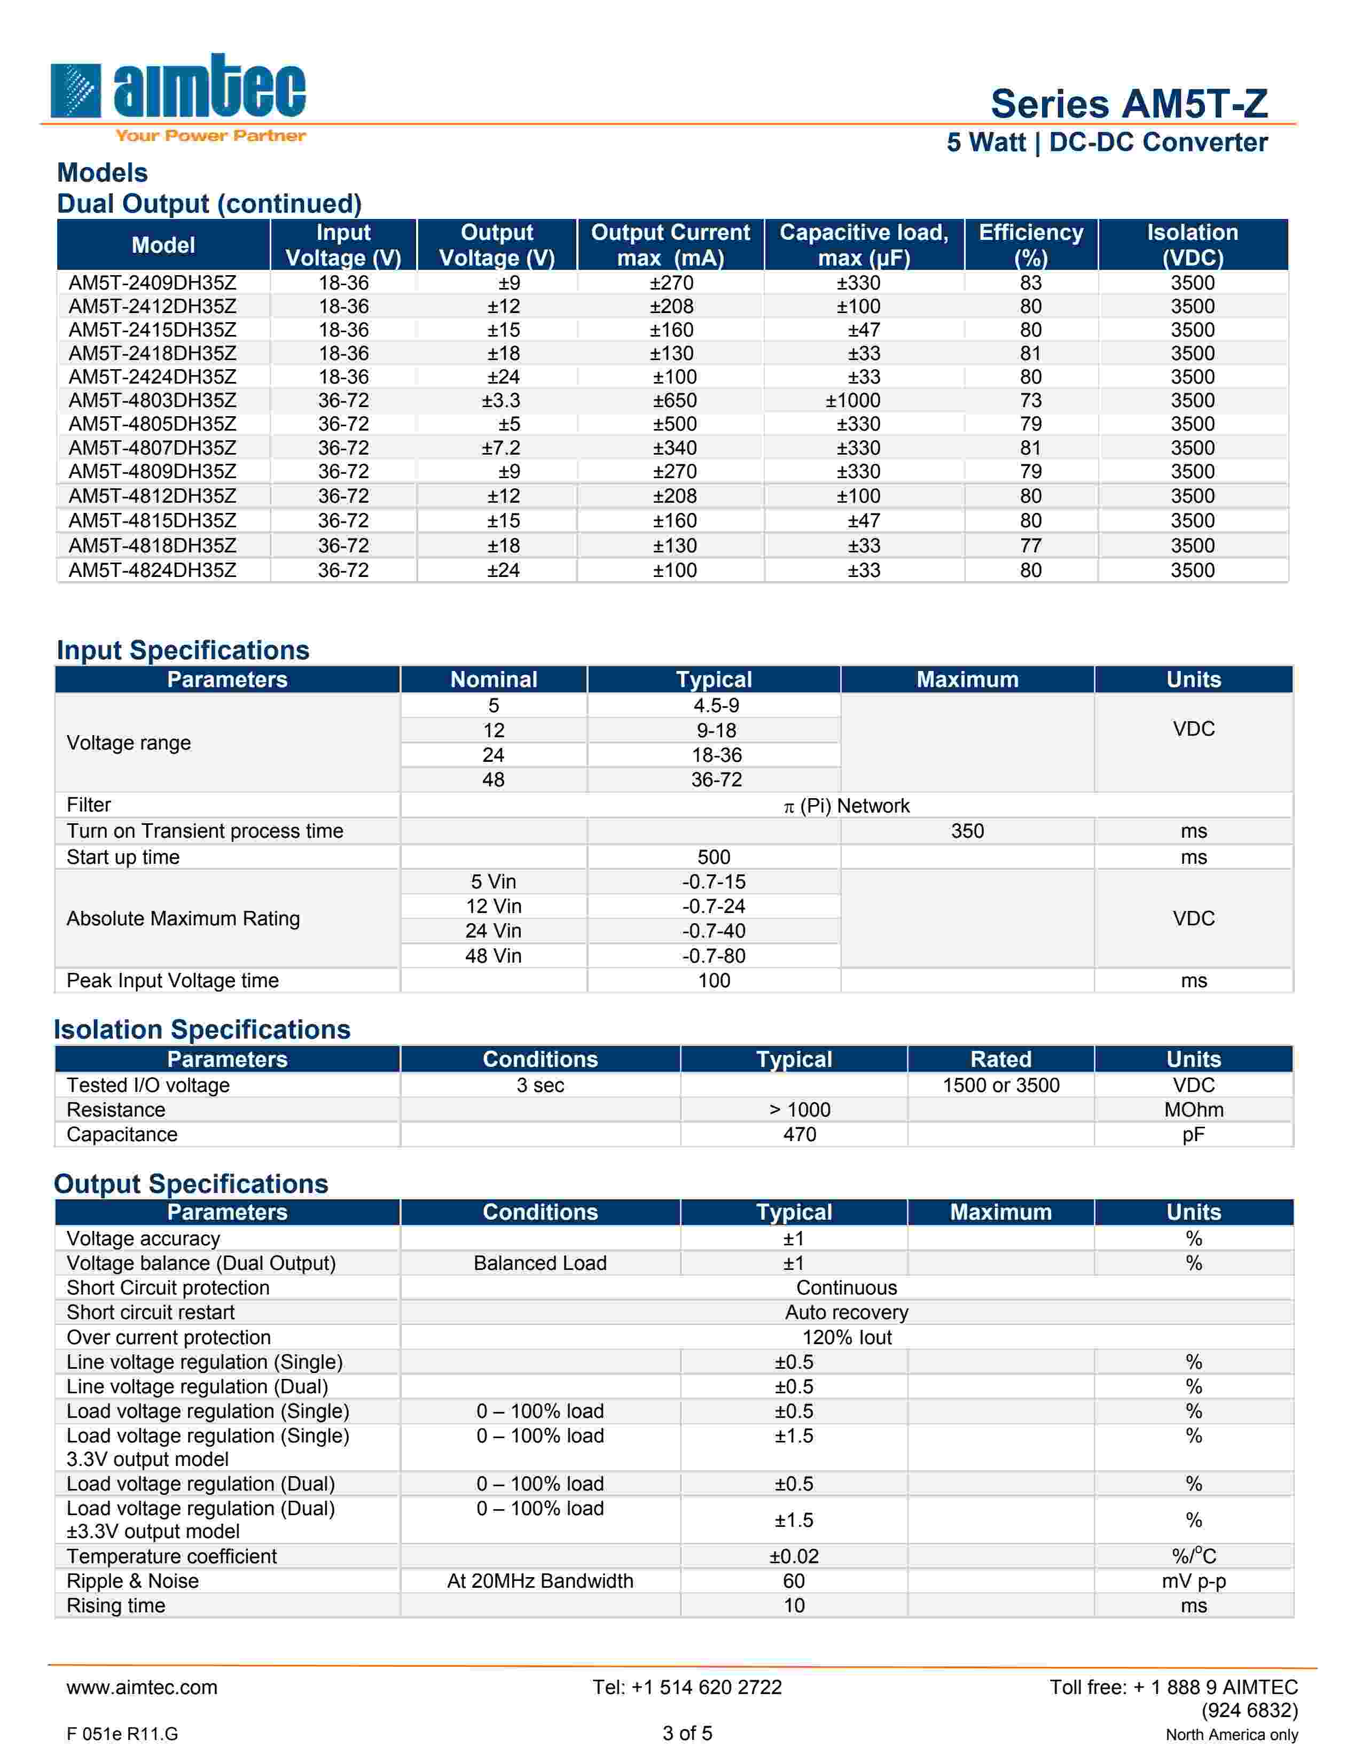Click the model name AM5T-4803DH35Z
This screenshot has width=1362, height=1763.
(153, 400)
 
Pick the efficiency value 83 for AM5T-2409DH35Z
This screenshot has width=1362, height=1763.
(1030, 283)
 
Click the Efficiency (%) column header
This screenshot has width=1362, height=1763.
(1030, 245)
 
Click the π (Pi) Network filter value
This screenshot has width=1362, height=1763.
(847, 806)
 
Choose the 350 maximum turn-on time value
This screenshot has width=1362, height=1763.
(967, 831)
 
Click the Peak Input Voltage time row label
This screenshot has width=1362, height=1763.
(173, 981)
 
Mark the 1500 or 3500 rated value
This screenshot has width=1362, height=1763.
(1000, 1086)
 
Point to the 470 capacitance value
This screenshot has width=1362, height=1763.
(799, 1135)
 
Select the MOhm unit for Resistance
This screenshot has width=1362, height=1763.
(1193, 1110)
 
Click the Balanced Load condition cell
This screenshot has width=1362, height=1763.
(540, 1263)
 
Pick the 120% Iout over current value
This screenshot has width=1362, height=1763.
(847, 1338)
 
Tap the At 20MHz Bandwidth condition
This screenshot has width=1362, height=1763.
(540, 1581)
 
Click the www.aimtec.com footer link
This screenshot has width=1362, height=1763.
(142, 1688)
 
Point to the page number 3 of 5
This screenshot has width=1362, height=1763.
(687, 1733)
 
